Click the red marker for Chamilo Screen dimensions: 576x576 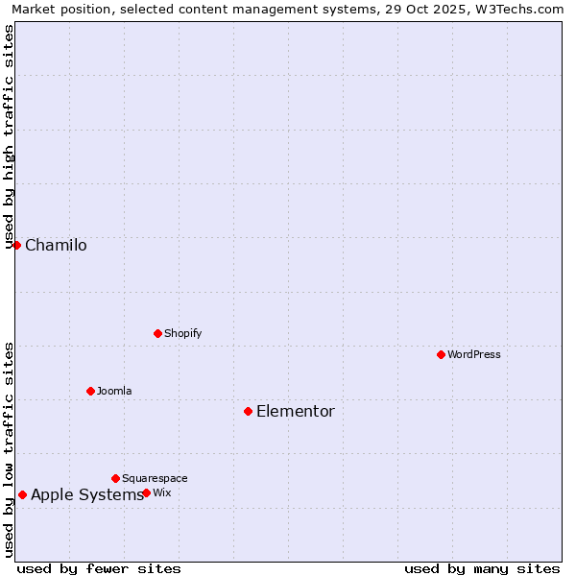tap(16, 245)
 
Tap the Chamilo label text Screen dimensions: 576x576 tap(56, 246)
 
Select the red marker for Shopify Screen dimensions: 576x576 tap(157, 333)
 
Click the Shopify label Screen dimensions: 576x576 tap(182, 334)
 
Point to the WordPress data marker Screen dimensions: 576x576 tap(441, 354)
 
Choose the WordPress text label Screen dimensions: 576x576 tap(474, 355)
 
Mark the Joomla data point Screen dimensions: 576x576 tap(90, 391)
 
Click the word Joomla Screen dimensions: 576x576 tap(114, 392)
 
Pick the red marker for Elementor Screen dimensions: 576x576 tap(248, 411)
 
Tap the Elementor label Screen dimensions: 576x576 tap(296, 412)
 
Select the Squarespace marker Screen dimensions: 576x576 tap(115, 478)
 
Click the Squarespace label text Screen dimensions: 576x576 tap(155, 479)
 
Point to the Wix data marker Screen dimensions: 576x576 tap(146, 492)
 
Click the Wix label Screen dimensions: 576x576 tap(162, 493)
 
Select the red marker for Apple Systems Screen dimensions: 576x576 tap(22, 494)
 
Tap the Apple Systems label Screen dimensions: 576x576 tap(86, 495)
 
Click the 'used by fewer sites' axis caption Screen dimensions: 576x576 tap(99, 568)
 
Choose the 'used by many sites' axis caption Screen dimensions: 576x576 tap(482, 568)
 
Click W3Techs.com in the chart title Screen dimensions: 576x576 tap(519, 10)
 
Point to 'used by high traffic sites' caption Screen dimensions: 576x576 tap(10, 134)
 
